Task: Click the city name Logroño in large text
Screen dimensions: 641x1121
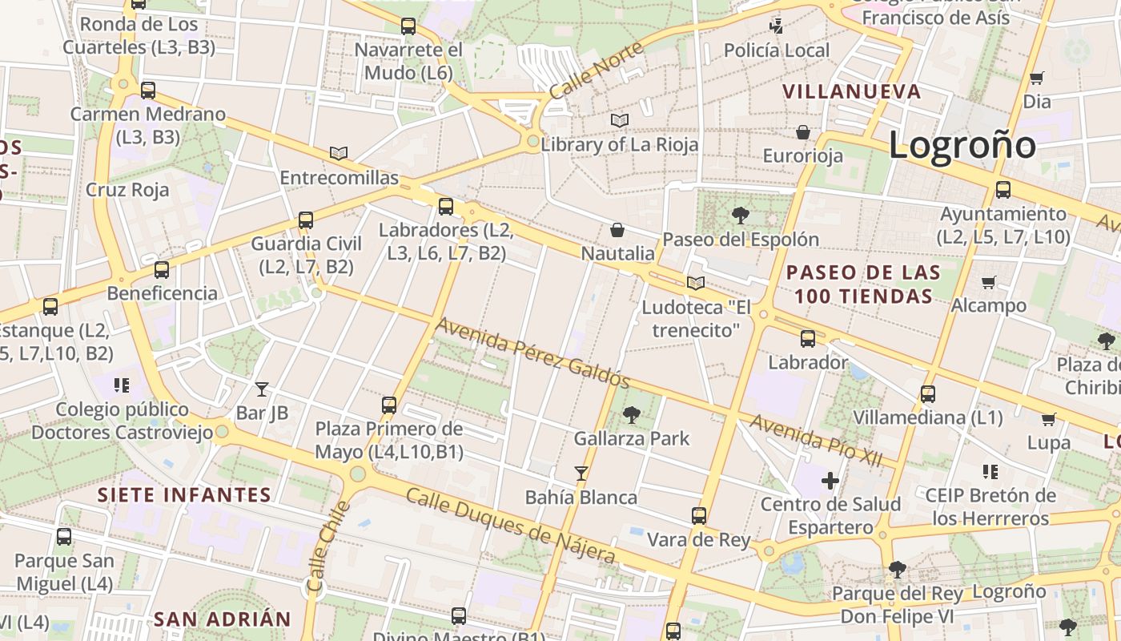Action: pyautogui.click(x=962, y=145)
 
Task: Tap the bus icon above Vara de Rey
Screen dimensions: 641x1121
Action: pyautogui.click(x=699, y=515)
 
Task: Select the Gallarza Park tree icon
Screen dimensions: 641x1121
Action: pyautogui.click(x=632, y=414)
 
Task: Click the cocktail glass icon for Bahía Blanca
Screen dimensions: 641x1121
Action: pyautogui.click(x=581, y=474)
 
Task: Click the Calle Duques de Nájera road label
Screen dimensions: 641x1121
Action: pyautogui.click(x=511, y=526)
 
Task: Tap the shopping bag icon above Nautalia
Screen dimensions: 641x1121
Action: pyautogui.click(x=617, y=230)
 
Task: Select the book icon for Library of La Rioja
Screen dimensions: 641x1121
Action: pyautogui.click(x=619, y=120)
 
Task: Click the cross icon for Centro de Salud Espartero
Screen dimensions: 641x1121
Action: pyautogui.click(x=830, y=481)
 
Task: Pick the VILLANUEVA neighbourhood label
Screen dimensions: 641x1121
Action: pyautogui.click(x=852, y=91)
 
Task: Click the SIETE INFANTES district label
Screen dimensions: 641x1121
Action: pyautogui.click(x=185, y=494)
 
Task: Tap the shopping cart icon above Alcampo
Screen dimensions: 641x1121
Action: pyautogui.click(x=989, y=282)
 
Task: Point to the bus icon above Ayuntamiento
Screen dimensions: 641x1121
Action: pyautogui.click(x=1002, y=190)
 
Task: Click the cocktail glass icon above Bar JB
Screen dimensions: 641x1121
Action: pyautogui.click(x=262, y=389)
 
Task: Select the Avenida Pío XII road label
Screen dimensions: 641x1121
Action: pyautogui.click(x=815, y=440)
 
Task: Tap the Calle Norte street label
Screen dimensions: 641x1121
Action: pyautogui.click(x=596, y=71)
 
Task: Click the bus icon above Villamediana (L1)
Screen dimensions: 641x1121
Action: pyautogui.click(x=927, y=394)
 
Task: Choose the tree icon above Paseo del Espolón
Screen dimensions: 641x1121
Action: pyautogui.click(x=740, y=215)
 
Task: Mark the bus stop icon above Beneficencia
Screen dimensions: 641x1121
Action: pyautogui.click(x=162, y=269)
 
